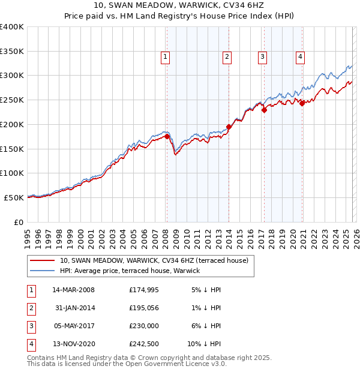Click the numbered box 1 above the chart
point(165,57)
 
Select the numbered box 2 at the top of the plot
point(227,57)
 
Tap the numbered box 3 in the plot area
point(263,57)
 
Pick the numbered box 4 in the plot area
point(300,57)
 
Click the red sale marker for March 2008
point(167,137)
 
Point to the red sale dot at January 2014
point(229,127)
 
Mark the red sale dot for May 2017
point(264,110)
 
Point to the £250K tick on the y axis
point(12,100)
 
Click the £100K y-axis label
point(12,173)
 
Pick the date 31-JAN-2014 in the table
point(74,308)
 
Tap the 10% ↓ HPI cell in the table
point(204,344)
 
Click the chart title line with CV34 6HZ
point(180,5)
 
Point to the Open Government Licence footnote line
point(127,364)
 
